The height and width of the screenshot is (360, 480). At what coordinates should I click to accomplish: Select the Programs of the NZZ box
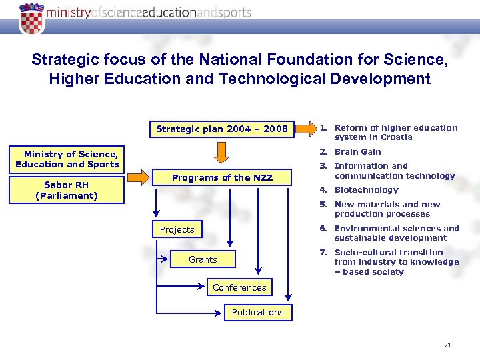click(221, 178)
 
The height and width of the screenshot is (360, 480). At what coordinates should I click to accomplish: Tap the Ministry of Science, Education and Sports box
click(67, 159)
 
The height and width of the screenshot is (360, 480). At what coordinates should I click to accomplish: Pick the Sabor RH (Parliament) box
click(67, 190)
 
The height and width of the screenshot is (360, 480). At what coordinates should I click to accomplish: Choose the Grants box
click(203, 259)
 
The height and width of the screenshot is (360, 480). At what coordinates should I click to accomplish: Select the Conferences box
click(239, 288)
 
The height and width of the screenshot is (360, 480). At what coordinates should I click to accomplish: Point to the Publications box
click(257, 313)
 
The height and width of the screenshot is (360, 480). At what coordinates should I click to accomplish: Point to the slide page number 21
click(447, 345)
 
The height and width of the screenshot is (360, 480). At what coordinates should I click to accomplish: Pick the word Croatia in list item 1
click(397, 137)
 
